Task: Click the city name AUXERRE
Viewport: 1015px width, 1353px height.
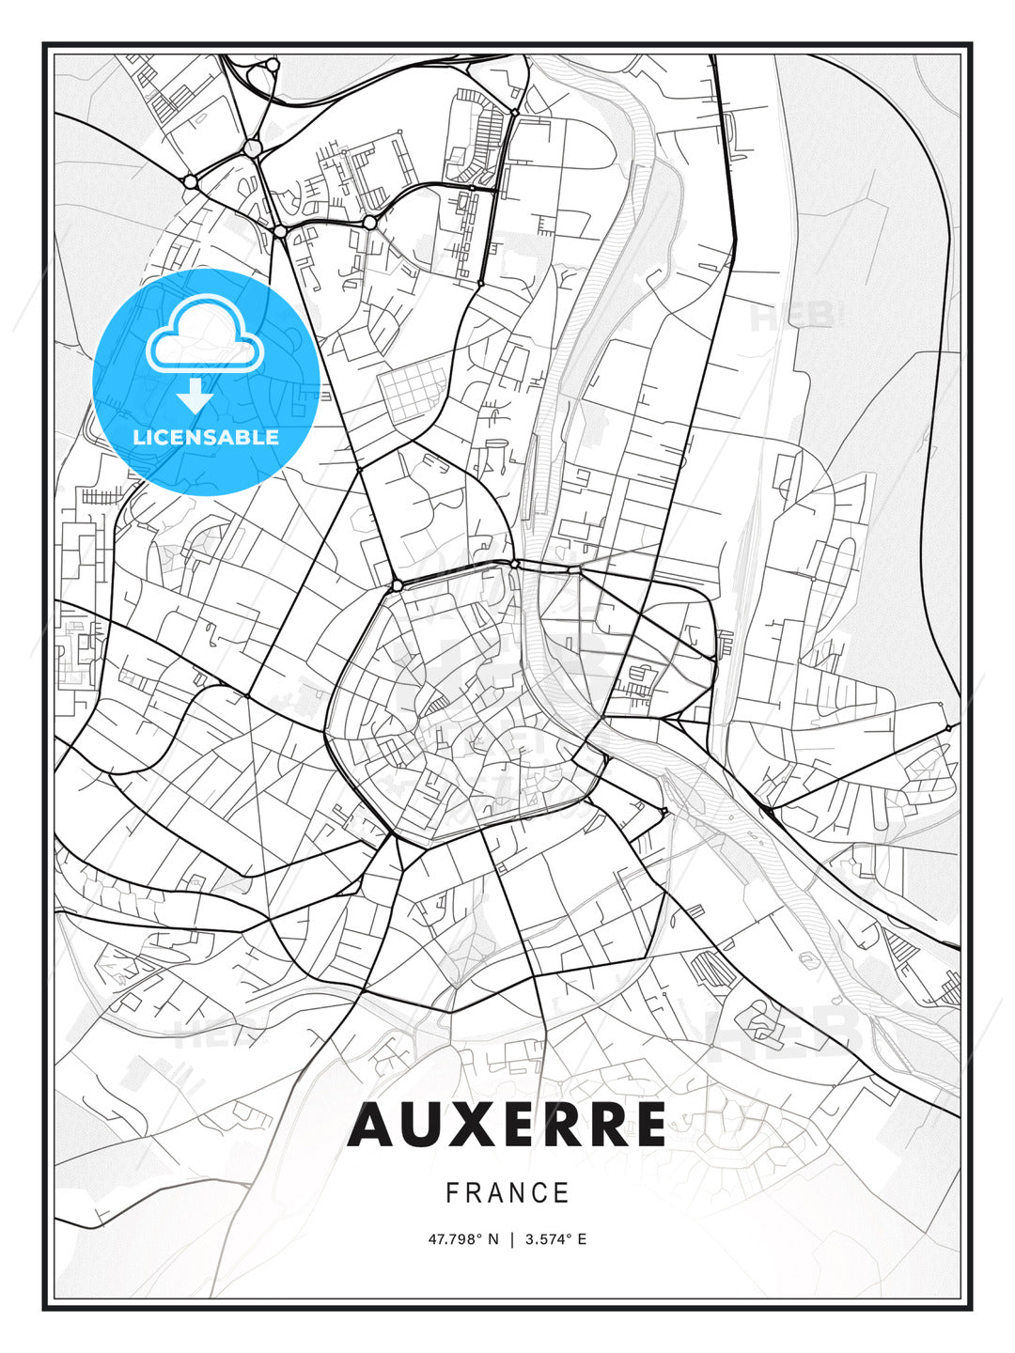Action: coord(507,1125)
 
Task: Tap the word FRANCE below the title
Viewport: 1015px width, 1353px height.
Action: coord(507,1193)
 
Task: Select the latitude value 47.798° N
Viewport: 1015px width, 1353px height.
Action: coord(464,1239)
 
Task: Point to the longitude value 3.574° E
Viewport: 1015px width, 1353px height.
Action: coord(555,1239)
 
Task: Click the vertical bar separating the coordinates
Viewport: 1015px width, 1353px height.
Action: coord(512,1239)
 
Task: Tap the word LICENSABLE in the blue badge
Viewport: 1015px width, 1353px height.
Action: coord(206,437)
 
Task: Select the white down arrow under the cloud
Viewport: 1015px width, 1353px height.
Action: coord(195,396)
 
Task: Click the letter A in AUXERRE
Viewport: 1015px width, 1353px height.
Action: coord(370,1125)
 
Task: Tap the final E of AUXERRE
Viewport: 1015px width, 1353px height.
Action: coord(648,1125)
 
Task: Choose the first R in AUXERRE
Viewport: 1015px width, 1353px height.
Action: coord(555,1125)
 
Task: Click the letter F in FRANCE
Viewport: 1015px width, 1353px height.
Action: coord(452,1193)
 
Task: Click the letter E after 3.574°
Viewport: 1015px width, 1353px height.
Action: coord(582,1239)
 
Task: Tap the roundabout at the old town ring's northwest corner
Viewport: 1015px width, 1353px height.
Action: coord(398,585)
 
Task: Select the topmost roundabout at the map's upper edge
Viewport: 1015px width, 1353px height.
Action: coord(273,65)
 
